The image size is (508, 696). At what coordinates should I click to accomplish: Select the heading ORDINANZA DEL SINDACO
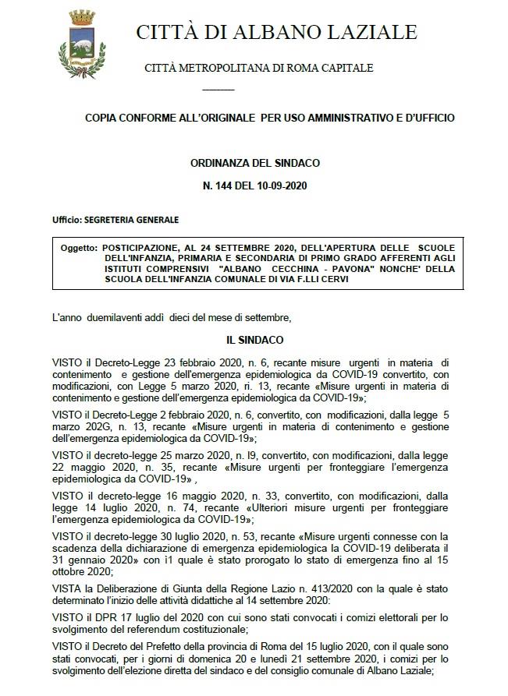coord(254,163)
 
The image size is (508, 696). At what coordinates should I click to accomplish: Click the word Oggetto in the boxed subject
coord(78,247)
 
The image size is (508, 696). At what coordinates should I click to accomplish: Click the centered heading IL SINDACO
coord(254,341)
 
